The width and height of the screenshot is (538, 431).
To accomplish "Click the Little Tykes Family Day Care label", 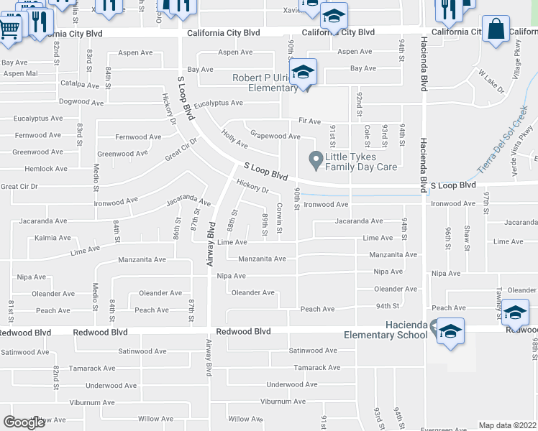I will pyautogui.click(x=361, y=162).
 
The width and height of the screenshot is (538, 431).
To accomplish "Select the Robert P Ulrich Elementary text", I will pyautogui.click(x=265, y=83).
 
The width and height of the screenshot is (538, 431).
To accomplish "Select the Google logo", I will pyautogui.click(x=24, y=422).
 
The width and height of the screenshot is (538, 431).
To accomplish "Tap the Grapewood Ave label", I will pyautogui.click(x=275, y=136).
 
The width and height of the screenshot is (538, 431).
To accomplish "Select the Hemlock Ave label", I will pyautogui.click(x=45, y=169).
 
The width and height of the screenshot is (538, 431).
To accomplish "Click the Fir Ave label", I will pyautogui.click(x=309, y=121).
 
